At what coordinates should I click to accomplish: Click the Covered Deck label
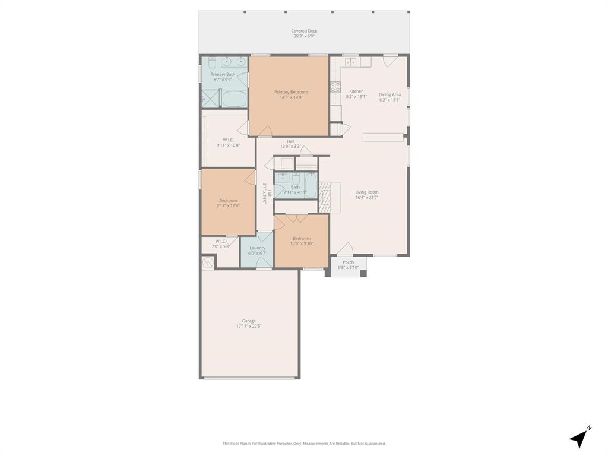pyautogui.click(x=304, y=31)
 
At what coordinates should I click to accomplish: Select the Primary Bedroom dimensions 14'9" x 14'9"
pyautogui.click(x=291, y=97)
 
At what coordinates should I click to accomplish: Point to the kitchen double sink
pyautogui.click(x=350, y=62)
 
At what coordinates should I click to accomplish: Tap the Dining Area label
pyautogui.click(x=389, y=94)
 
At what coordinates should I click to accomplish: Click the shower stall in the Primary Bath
pyautogui.click(x=211, y=98)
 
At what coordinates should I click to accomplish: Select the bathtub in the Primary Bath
pyautogui.click(x=234, y=99)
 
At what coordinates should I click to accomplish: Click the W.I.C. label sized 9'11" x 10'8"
pyautogui.click(x=228, y=140)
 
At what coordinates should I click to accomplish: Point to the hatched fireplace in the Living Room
pyautogui.click(x=325, y=198)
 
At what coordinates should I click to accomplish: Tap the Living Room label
pyautogui.click(x=367, y=192)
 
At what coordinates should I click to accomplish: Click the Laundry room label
pyautogui.click(x=257, y=248)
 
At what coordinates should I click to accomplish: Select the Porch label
pyautogui.click(x=349, y=262)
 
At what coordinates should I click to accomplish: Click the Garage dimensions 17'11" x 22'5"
pyautogui.click(x=249, y=326)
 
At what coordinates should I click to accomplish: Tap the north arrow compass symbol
pyautogui.click(x=579, y=438)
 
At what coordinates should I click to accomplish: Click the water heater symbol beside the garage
pyautogui.click(x=208, y=262)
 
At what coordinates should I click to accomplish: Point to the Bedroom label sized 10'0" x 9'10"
pyautogui.click(x=302, y=238)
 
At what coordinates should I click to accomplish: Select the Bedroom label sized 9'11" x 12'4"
pyautogui.click(x=228, y=200)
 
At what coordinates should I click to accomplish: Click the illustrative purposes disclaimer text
pyautogui.click(x=304, y=444)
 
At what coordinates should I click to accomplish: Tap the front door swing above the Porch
pyautogui.click(x=344, y=249)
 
